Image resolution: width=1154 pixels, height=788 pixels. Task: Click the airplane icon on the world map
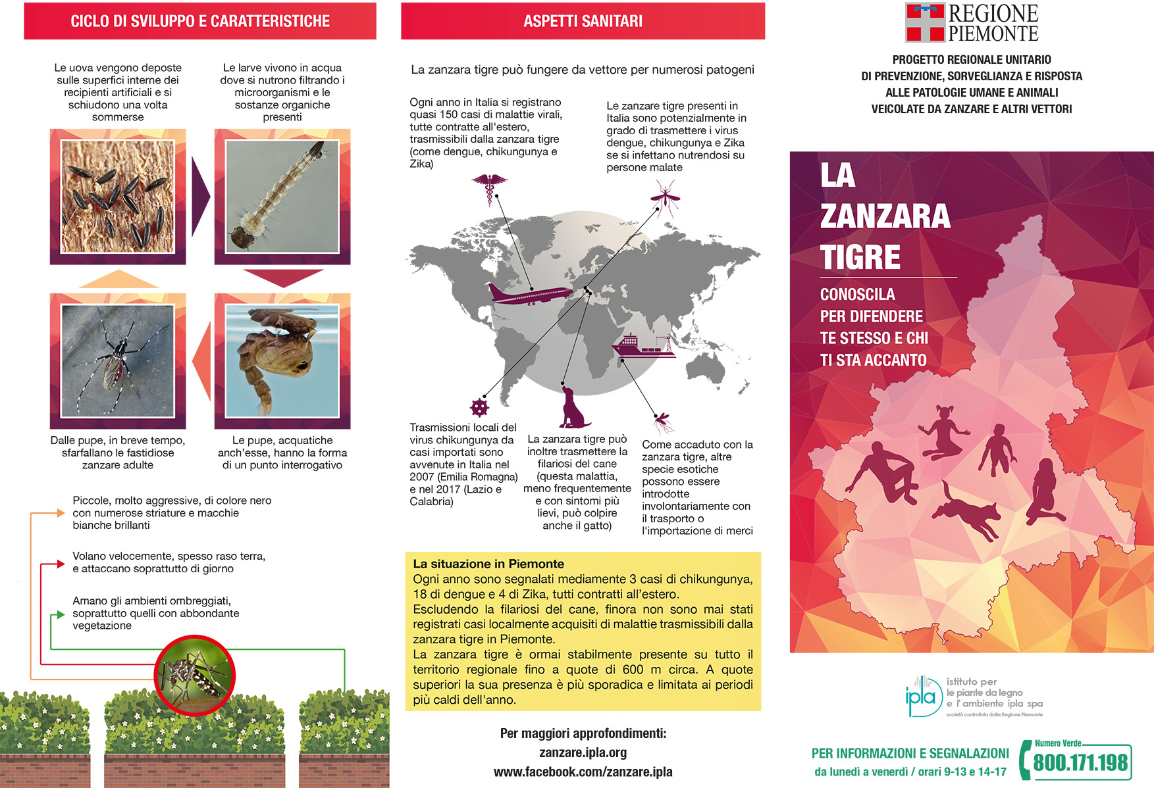[529, 294]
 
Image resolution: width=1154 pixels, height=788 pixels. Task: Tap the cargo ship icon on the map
[643, 346]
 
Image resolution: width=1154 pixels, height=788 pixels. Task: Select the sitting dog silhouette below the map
[573, 408]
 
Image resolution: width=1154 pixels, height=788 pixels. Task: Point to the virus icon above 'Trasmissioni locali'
[479, 408]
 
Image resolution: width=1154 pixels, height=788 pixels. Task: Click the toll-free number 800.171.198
[1080, 763]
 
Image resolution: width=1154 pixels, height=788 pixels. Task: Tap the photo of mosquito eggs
[118, 197]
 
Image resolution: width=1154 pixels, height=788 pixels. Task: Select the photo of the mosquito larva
[282, 197]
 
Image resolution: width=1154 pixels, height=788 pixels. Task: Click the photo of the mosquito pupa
[282, 361]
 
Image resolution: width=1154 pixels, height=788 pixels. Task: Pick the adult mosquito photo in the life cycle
[118, 361]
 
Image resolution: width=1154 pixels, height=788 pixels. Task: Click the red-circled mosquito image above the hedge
[195, 676]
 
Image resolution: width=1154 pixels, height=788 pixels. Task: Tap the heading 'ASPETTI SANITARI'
[583, 21]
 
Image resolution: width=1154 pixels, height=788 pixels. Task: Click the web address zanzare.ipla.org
[583, 752]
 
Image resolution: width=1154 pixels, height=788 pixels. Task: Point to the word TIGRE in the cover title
[860, 257]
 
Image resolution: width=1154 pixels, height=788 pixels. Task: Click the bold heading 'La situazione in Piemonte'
[488, 564]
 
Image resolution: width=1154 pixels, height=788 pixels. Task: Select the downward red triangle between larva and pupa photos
[282, 278]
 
